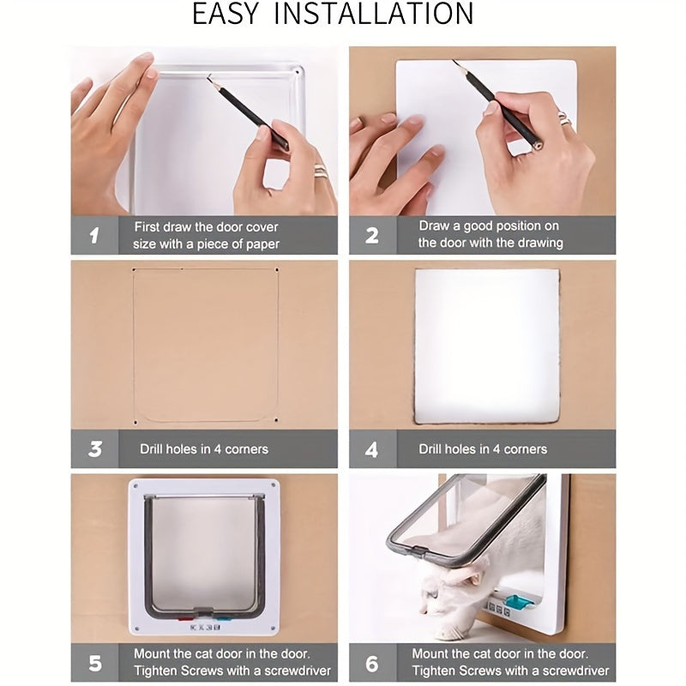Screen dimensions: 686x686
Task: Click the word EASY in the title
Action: coord(228,14)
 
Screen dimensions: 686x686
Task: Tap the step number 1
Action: coord(94,235)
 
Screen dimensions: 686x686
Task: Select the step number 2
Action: coord(372,235)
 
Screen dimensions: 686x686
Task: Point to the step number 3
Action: coord(94,448)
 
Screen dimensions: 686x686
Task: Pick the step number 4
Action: coord(372,448)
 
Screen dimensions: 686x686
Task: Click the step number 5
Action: coord(94,663)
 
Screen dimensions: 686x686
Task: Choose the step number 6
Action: coord(372,663)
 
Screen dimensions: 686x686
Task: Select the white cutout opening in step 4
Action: coord(486,346)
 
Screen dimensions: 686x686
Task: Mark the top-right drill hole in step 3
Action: coord(277,270)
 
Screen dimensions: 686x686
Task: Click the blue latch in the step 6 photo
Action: coord(518,603)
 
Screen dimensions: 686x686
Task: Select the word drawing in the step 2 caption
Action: coord(540,244)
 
